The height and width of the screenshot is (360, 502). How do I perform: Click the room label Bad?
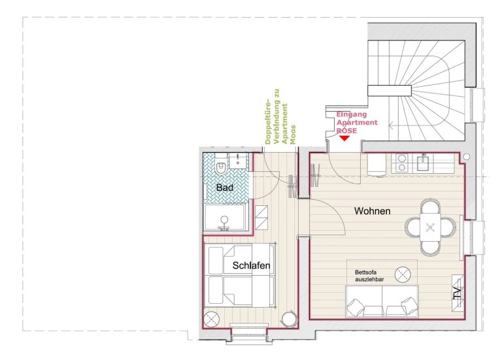click(224, 188)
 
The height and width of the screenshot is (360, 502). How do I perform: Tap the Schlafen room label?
click(251, 265)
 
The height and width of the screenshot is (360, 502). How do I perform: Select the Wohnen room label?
click(373, 211)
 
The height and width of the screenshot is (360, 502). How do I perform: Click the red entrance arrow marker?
click(344, 139)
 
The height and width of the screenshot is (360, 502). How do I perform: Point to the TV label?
click(458, 293)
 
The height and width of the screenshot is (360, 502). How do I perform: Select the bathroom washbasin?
click(238, 161)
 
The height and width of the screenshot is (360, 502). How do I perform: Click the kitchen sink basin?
click(424, 163)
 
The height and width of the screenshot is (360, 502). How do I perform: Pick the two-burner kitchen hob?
click(401, 163)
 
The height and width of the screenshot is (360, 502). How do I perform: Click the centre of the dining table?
click(430, 227)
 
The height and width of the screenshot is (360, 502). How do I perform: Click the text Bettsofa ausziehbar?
click(369, 276)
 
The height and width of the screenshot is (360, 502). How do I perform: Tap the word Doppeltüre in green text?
click(268, 122)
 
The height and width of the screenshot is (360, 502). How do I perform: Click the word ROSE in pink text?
click(346, 131)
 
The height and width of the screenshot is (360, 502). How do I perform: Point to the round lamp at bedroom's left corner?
click(211, 319)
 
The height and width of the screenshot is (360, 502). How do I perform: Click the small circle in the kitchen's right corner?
click(467, 157)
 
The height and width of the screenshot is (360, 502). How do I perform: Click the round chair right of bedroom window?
click(289, 319)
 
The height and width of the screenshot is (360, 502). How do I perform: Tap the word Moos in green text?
click(293, 135)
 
